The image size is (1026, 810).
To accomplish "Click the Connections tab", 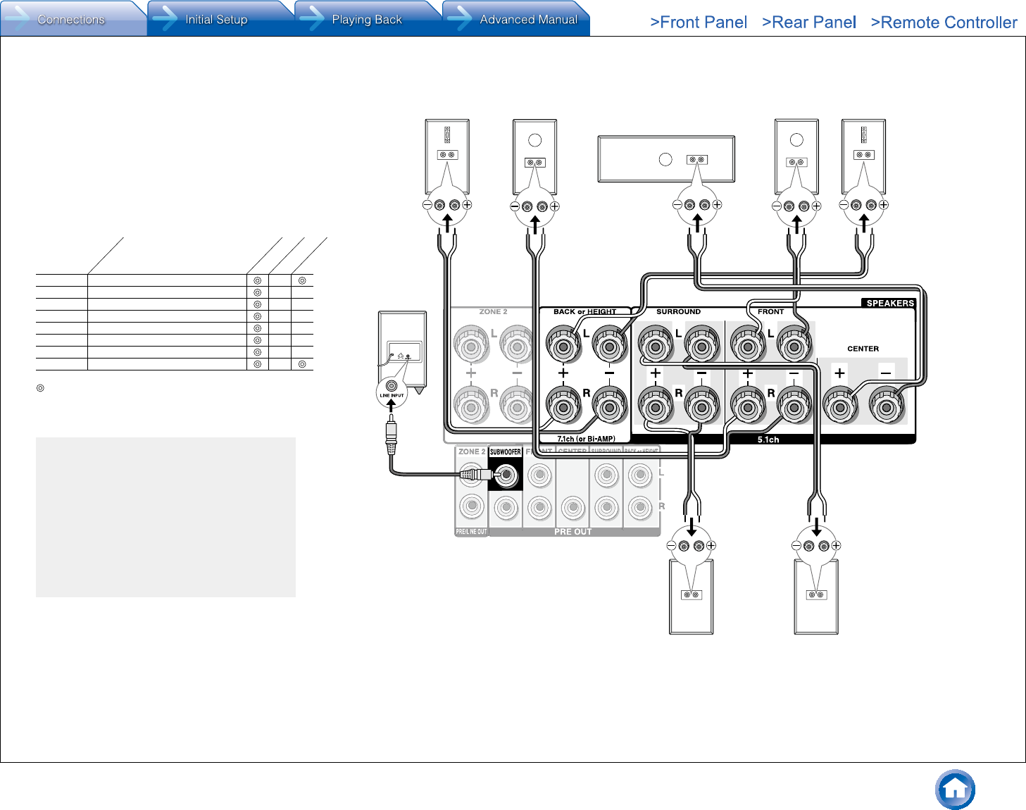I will tap(70, 20).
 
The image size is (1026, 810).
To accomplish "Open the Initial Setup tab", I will tap(216, 20).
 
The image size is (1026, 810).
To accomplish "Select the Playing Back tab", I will tap(366, 20).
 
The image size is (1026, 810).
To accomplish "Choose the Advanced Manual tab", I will tap(528, 20).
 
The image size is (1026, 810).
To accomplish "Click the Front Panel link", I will tap(699, 23).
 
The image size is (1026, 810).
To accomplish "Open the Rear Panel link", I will tap(809, 23).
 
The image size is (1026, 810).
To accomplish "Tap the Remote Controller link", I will tap(944, 23).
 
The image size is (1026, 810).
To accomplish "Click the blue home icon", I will tap(955, 790).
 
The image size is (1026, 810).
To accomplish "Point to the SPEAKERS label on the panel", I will tap(889, 304).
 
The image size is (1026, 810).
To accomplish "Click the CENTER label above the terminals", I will tap(863, 349).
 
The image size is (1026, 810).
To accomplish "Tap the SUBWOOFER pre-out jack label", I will tap(506, 452).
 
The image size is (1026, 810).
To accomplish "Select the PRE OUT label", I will tap(573, 532).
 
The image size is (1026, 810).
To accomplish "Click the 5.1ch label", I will tap(768, 440).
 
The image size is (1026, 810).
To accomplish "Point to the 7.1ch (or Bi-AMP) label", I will tap(586, 439).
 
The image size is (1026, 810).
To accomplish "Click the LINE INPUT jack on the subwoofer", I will tap(392, 387).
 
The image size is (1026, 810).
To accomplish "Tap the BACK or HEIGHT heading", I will tap(584, 311).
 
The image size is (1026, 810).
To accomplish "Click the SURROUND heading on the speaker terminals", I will tap(678, 311).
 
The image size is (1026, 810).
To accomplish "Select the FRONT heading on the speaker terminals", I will tap(770, 311).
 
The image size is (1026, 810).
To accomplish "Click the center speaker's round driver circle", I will tap(665, 159).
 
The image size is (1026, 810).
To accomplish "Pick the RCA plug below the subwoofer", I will tap(392, 433).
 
